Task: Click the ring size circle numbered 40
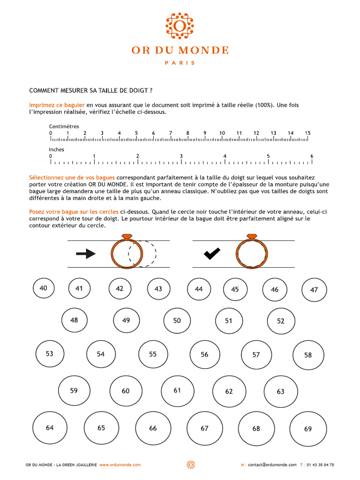[x=44, y=288]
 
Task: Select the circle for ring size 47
[x=314, y=290]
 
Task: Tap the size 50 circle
[x=177, y=321]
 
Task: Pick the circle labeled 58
[x=308, y=355]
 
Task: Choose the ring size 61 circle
[x=177, y=390]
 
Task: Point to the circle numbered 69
[x=308, y=429]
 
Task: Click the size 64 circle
[x=50, y=428]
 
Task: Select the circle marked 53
[x=50, y=354]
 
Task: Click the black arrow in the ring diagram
[x=86, y=254]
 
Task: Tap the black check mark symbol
[x=212, y=254]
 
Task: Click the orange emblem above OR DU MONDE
[x=180, y=26]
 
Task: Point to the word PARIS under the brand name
[x=180, y=63]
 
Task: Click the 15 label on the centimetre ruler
[x=307, y=133]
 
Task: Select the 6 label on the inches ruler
[x=312, y=156]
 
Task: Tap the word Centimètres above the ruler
[x=64, y=127]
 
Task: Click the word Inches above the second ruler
[x=57, y=150]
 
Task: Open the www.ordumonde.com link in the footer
[x=120, y=465]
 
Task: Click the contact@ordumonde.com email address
[x=272, y=465]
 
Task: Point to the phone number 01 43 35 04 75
[x=321, y=465]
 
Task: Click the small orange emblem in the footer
[x=190, y=465]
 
